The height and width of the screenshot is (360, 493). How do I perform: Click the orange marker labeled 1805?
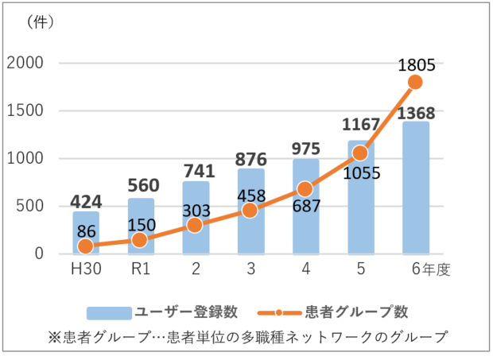(x=415, y=82)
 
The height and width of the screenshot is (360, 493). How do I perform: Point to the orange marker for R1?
(x=140, y=240)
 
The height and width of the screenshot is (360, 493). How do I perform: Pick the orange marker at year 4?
(x=305, y=189)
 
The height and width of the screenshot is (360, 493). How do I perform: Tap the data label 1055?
(x=362, y=172)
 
